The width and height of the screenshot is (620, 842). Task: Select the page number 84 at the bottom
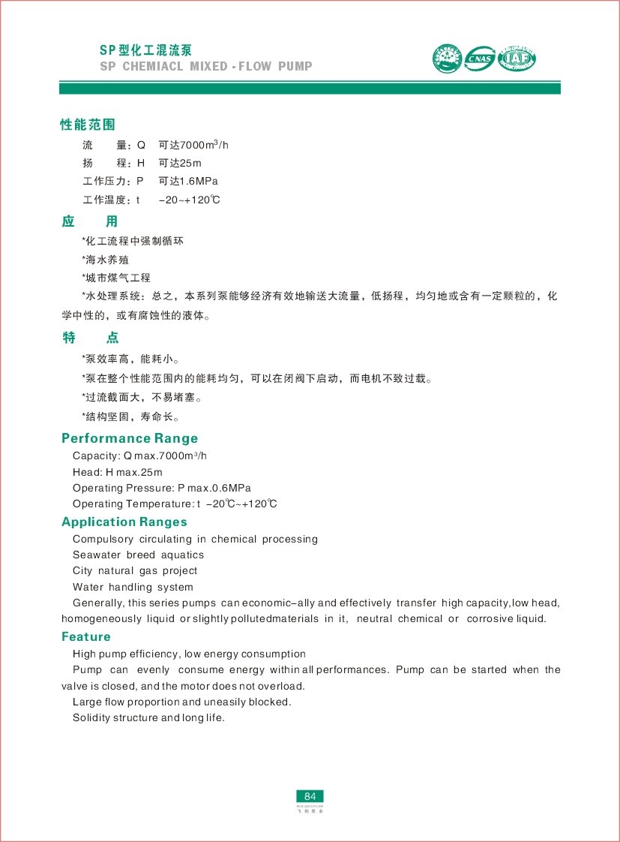click(310, 796)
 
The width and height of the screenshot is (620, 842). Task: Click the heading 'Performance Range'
click(130, 438)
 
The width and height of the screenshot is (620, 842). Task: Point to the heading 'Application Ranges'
click(124, 522)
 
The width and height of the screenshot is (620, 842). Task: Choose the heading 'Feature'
click(86, 636)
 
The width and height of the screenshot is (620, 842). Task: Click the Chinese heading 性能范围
click(88, 124)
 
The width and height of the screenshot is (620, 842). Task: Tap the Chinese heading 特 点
click(90, 338)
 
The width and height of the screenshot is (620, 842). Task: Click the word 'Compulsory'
click(103, 539)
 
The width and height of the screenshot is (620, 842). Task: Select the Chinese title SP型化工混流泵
click(146, 50)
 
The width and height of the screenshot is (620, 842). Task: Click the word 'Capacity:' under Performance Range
click(96, 456)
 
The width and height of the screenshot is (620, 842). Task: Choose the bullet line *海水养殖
click(106, 260)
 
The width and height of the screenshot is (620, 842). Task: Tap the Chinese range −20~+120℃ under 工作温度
click(190, 200)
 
